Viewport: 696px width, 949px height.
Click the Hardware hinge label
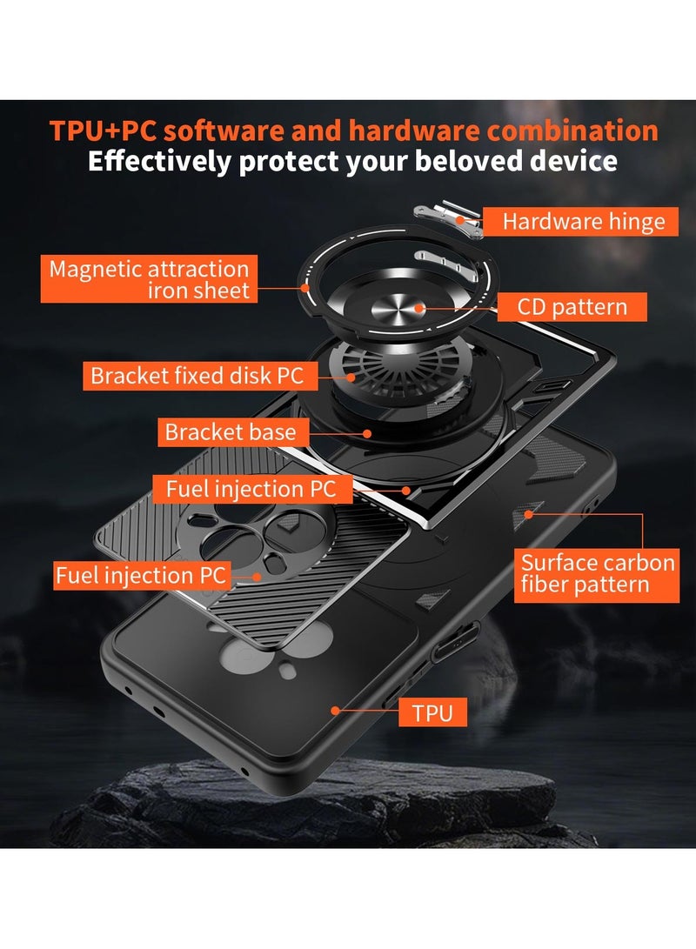583,222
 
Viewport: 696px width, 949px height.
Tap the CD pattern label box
572,306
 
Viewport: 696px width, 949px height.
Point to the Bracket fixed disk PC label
197,377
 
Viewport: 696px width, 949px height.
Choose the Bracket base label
231,432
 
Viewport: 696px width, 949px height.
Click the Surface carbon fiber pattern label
597,573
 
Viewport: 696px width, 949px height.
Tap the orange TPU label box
432,714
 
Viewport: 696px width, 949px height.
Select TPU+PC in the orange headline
103,130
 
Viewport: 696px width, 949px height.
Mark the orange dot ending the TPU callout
336,710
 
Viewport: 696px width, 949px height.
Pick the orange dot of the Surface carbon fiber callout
527,514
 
